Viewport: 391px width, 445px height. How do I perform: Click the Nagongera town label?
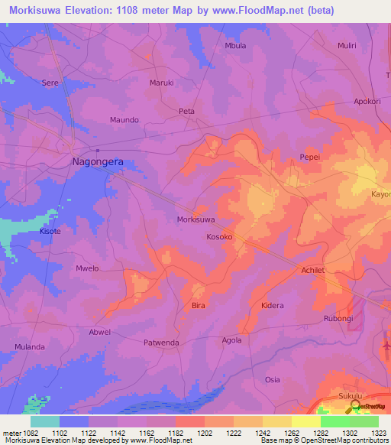(x=97, y=162)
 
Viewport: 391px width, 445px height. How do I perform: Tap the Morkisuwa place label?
(x=195, y=219)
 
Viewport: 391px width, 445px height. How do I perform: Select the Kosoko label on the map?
(x=219, y=238)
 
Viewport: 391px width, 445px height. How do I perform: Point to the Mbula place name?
(x=235, y=46)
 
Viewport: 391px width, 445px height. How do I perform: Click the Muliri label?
(x=347, y=46)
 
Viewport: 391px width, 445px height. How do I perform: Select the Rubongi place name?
(x=338, y=319)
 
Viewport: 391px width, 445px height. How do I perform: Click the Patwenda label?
(x=162, y=343)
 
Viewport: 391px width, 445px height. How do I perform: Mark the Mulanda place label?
(x=30, y=347)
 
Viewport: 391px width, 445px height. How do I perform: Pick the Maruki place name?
(x=162, y=83)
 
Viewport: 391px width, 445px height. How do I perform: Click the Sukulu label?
(x=351, y=396)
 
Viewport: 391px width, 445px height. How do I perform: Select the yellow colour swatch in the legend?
(x=305, y=421)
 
